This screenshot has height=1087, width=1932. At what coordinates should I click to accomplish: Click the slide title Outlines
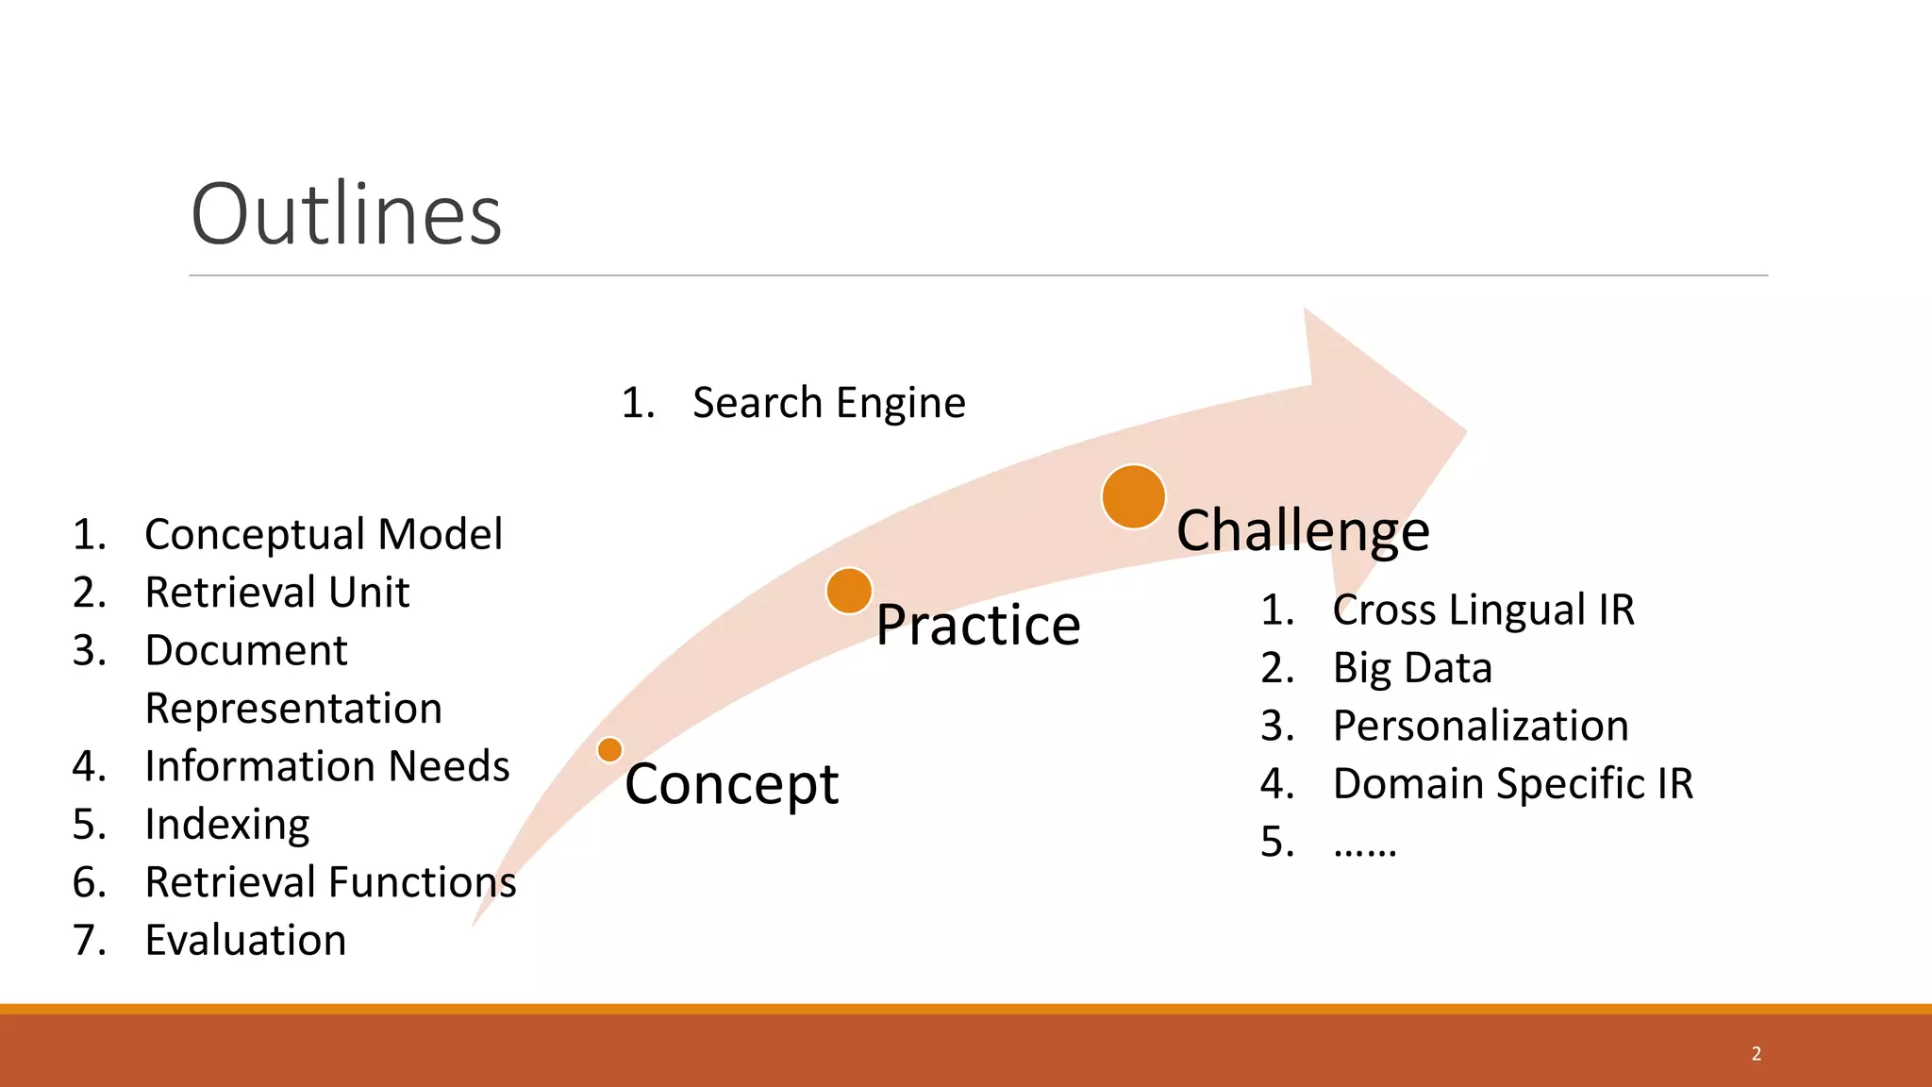pos(346,214)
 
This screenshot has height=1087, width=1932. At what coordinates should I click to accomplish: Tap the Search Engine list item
pos(828,403)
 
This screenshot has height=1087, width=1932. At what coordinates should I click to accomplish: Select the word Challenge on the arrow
pos(1303,530)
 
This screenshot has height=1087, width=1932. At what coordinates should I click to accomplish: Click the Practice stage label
pos(977,625)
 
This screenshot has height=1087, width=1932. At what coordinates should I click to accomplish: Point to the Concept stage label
pos(731,784)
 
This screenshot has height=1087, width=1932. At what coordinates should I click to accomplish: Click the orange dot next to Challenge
pos(1133,496)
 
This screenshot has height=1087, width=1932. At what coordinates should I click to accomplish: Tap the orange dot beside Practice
pos(849,591)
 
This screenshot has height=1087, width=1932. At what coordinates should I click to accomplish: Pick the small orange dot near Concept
pos(610,750)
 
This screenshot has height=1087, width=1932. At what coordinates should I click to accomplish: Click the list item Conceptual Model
pos(324,534)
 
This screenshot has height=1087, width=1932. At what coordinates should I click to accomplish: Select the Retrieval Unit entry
pos(277,593)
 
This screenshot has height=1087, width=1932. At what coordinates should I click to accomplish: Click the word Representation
pos(293,709)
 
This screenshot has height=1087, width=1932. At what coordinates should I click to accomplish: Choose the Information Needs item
pos(326,766)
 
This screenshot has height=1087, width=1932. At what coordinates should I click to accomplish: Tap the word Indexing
pos(227,825)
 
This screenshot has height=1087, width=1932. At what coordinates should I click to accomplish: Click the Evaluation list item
pos(245,941)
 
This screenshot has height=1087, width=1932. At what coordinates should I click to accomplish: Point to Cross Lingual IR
pos(1483,610)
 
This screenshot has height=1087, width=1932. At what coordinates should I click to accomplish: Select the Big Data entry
pos(1412,668)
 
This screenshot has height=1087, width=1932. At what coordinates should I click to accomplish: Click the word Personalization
pos(1480,726)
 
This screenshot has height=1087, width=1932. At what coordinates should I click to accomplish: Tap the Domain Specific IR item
pos(1512,784)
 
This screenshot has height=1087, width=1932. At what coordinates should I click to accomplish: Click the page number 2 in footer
pos(1756,1054)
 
